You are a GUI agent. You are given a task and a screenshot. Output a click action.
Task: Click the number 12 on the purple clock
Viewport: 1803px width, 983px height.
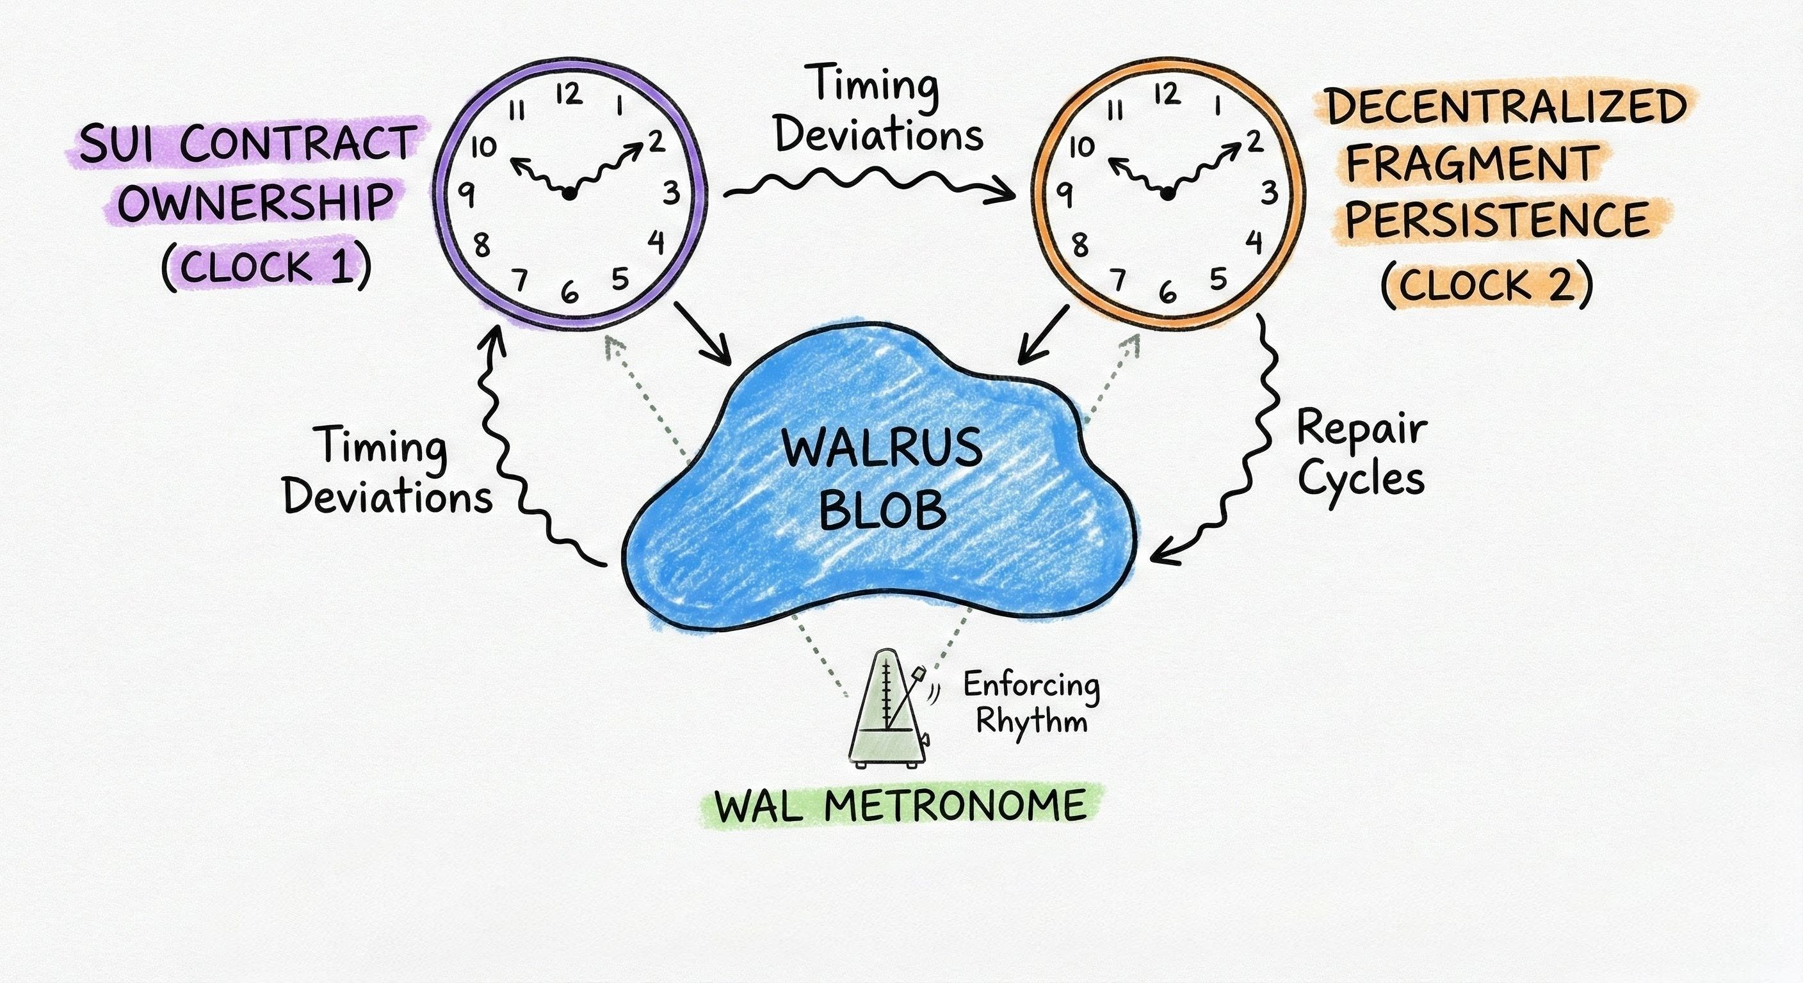click(569, 93)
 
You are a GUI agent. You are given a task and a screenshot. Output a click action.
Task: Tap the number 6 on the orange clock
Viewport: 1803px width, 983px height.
click(1167, 291)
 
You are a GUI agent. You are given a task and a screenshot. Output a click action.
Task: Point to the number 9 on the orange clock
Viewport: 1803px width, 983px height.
click(1064, 195)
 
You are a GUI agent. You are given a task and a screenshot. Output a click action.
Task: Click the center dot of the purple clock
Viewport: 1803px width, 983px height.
click(569, 194)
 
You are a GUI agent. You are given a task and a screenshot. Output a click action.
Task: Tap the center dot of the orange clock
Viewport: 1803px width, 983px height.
click(1166, 195)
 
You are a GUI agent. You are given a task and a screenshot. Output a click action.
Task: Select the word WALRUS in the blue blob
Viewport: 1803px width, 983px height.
click(882, 448)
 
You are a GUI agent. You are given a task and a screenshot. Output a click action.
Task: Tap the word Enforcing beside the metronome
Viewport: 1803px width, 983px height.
click(1031, 685)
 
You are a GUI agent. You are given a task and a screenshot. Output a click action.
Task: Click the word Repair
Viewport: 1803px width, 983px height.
click(1361, 429)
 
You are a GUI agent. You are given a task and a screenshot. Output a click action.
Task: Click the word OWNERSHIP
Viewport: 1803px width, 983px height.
click(254, 203)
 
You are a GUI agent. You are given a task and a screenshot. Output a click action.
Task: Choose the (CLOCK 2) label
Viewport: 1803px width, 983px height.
click(1487, 285)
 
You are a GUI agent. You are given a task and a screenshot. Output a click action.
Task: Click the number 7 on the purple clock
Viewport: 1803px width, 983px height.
click(519, 279)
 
